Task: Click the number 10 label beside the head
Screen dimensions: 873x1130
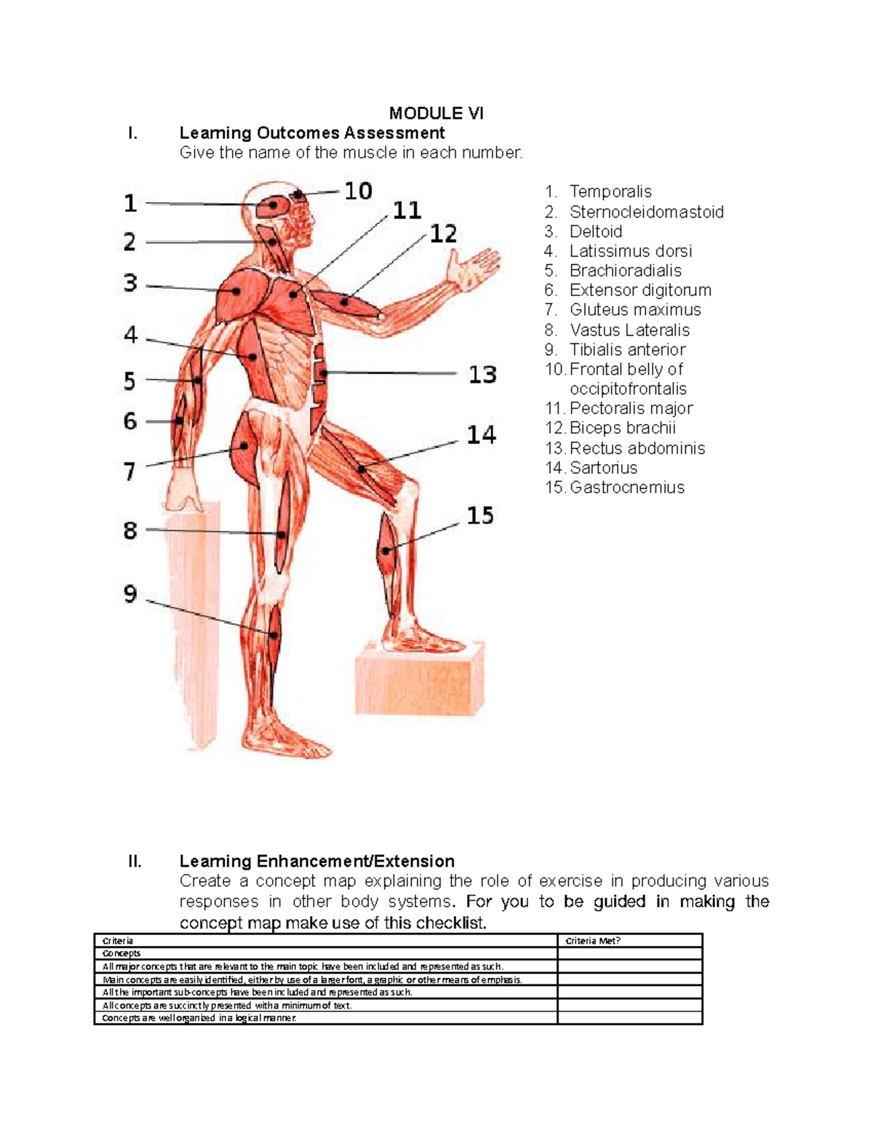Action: click(x=358, y=191)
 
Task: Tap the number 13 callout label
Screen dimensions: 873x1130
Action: click(x=482, y=375)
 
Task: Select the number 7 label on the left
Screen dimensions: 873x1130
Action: click(x=129, y=472)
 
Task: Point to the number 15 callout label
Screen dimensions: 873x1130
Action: click(x=480, y=516)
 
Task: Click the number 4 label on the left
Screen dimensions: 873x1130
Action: click(x=130, y=335)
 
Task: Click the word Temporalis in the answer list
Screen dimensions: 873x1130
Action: click(x=610, y=191)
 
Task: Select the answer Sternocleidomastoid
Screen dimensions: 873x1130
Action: click(x=646, y=212)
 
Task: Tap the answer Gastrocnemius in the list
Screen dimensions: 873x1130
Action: click(x=627, y=488)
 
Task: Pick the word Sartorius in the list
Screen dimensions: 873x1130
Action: click(x=603, y=467)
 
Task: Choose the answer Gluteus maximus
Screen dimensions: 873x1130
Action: click(x=635, y=310)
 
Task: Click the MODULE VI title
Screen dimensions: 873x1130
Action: click(x=436, y=114)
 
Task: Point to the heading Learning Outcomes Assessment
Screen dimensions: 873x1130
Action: click(x=312, y=133)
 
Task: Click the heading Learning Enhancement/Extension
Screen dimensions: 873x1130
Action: click(x=316, y=862)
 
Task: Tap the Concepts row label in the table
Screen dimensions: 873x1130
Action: click(x=121, y=953)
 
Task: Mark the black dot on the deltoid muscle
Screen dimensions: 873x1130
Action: click(x=236, y=291)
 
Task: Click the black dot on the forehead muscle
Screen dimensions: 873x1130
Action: click(x=298, y=195)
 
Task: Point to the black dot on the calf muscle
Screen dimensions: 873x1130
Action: click(x=386, y=551)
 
